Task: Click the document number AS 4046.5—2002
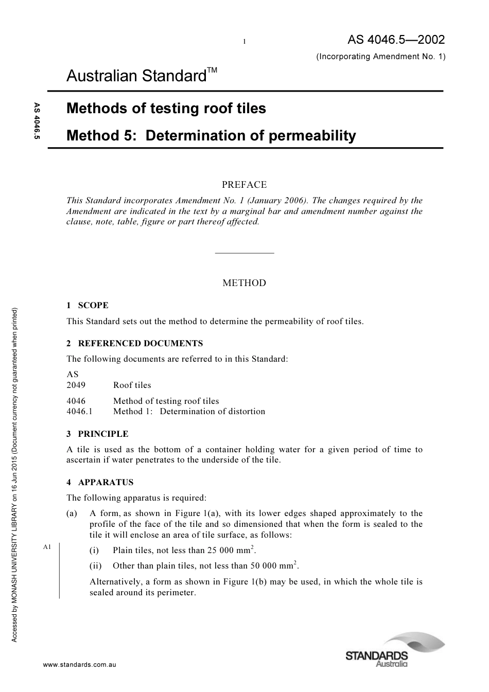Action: pos(396,40)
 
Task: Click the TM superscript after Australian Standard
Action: pos(213,70)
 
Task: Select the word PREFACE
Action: pos(244,185)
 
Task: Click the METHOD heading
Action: pos(244,283)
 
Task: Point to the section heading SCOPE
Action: pos(93,305)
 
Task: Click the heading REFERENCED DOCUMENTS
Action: pos(140,343)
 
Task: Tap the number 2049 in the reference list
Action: pos(76,385)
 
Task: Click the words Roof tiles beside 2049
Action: pos(132,385)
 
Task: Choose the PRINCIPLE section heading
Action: pos(103,434)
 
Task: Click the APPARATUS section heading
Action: pos(106,482)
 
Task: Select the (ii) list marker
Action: pos(96,566)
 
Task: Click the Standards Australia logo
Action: pos(395,650)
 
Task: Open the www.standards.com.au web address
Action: pos(80,665)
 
